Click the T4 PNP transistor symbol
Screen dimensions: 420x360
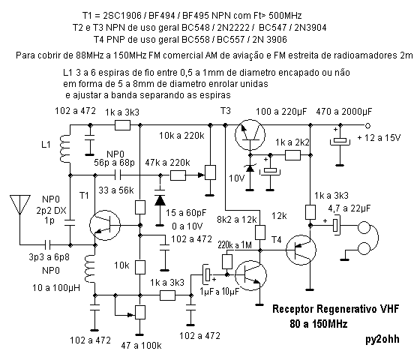tap(301, 250)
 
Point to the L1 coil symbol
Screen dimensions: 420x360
tap(65, 149)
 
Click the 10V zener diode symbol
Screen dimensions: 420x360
tap(250, 168)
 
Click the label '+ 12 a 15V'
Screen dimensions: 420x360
tap(379, 138)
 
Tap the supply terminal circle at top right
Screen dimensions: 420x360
tap(367, 125)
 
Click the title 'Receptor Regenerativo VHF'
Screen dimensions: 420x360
tap(336, 309)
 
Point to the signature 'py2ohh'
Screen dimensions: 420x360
tap(382, 339)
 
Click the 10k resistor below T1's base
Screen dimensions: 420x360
tap(139, 267)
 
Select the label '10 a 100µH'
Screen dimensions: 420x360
tap(56, 288)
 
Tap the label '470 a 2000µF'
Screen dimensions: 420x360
tap(344, 111)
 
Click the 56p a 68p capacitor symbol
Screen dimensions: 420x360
tap(118, 175)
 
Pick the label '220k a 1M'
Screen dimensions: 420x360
tap(235, 244)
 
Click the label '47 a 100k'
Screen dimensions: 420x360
tap(141, 346)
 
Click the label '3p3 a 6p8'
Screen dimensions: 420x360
tap(49, 257)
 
